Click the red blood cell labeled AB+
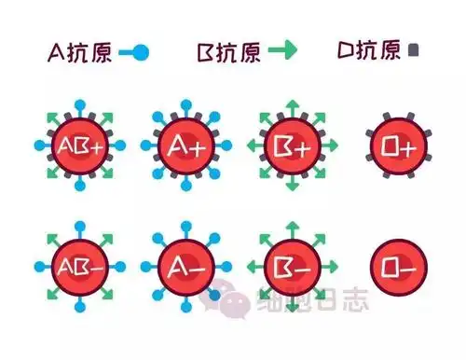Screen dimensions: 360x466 (x=77, y=146)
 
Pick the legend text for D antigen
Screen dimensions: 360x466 (x=371, y=52)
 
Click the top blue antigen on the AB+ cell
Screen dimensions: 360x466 (x=77, y=101)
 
